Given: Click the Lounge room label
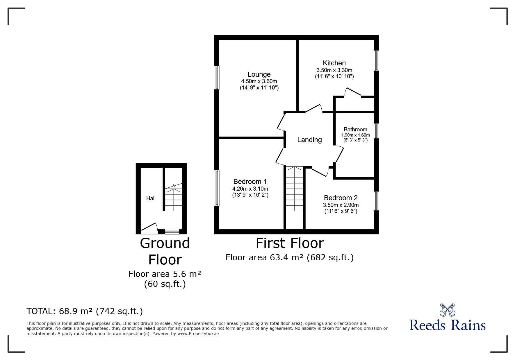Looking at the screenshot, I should (x=259, y=74).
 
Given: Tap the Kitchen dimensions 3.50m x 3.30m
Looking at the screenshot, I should (x=334, y=70).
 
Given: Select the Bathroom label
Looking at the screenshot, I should (x=355, y=129).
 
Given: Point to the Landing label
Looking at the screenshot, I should (x=309, y=140).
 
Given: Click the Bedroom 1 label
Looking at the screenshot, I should (x=250, y=182).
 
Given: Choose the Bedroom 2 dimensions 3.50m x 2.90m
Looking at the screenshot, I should (x=341, y=205).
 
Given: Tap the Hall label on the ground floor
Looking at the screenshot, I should (x=151, y=198).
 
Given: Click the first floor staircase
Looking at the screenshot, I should (x=295, y=189).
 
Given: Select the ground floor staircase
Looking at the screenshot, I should (x=174, y=198).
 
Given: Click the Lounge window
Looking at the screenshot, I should (x=217, y=78).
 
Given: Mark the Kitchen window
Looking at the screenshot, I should (x=376, y=60).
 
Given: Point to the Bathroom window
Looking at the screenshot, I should (x=376, y=131).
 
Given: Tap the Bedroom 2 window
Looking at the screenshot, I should (x=376, y=201).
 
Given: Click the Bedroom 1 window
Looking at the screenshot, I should (x=217, y=188).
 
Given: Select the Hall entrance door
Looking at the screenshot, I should (x=149, y=229).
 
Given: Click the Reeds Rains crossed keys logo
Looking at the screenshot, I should (x=447, y=309).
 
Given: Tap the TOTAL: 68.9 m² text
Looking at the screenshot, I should (x=85, y=311).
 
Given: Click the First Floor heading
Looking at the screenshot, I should (x=290, y=243).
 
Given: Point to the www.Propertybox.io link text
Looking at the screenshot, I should (x=198, y=334).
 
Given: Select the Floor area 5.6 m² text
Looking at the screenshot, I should (x=165, y=274).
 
